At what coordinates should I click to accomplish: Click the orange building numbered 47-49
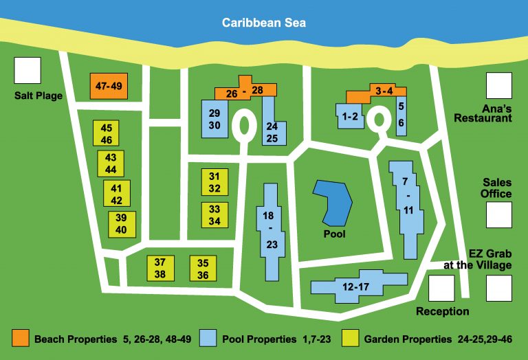click(x=109, y=87)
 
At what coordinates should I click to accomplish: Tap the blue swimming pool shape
click(x=333, y=203)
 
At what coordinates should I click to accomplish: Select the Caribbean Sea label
click(x=263, y=23)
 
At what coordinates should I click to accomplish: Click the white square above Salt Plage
click(x=27, y=71)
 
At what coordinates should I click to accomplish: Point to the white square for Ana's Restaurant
click(x=499, y=86)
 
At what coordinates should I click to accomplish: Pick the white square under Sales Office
click(x=499, y=214)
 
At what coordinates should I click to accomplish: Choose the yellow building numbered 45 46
click(x=107, y=133)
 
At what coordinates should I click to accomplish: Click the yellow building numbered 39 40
click(x=122, y=223)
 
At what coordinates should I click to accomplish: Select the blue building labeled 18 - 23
click(x=271, y=231)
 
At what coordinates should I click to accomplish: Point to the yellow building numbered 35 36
click(x=203, y=268)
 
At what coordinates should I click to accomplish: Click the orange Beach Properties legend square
click(x=21, y=338)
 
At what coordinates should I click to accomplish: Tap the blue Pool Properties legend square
click(x=208, y=338)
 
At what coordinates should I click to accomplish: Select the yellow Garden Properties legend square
click(x=351, y=338)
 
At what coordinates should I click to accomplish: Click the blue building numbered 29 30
click(x=214, y=120)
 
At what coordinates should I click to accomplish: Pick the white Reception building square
click(x=441, y=289)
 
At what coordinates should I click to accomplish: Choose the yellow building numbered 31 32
click(x=214, y=182)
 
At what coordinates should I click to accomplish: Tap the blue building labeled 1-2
click(x=350, y=116)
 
